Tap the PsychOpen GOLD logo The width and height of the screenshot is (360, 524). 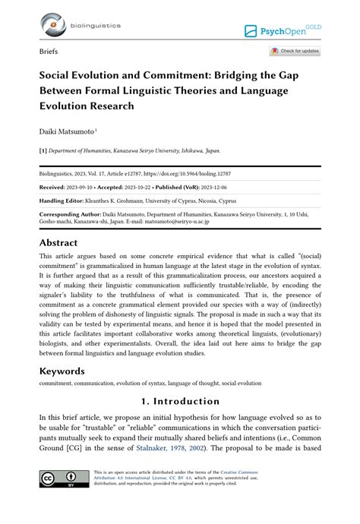[286, 30]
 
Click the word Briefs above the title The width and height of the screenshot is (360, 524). [48, 52]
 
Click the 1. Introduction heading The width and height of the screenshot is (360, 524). [179, 401]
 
